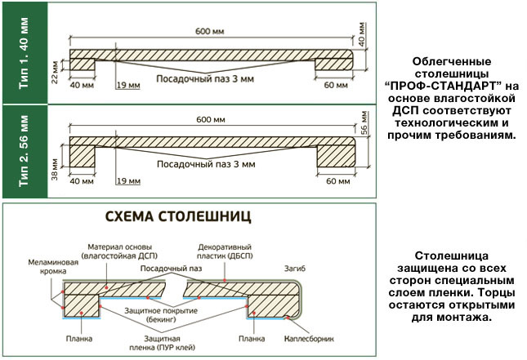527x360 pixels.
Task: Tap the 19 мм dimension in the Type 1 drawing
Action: (x=128, y=85)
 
